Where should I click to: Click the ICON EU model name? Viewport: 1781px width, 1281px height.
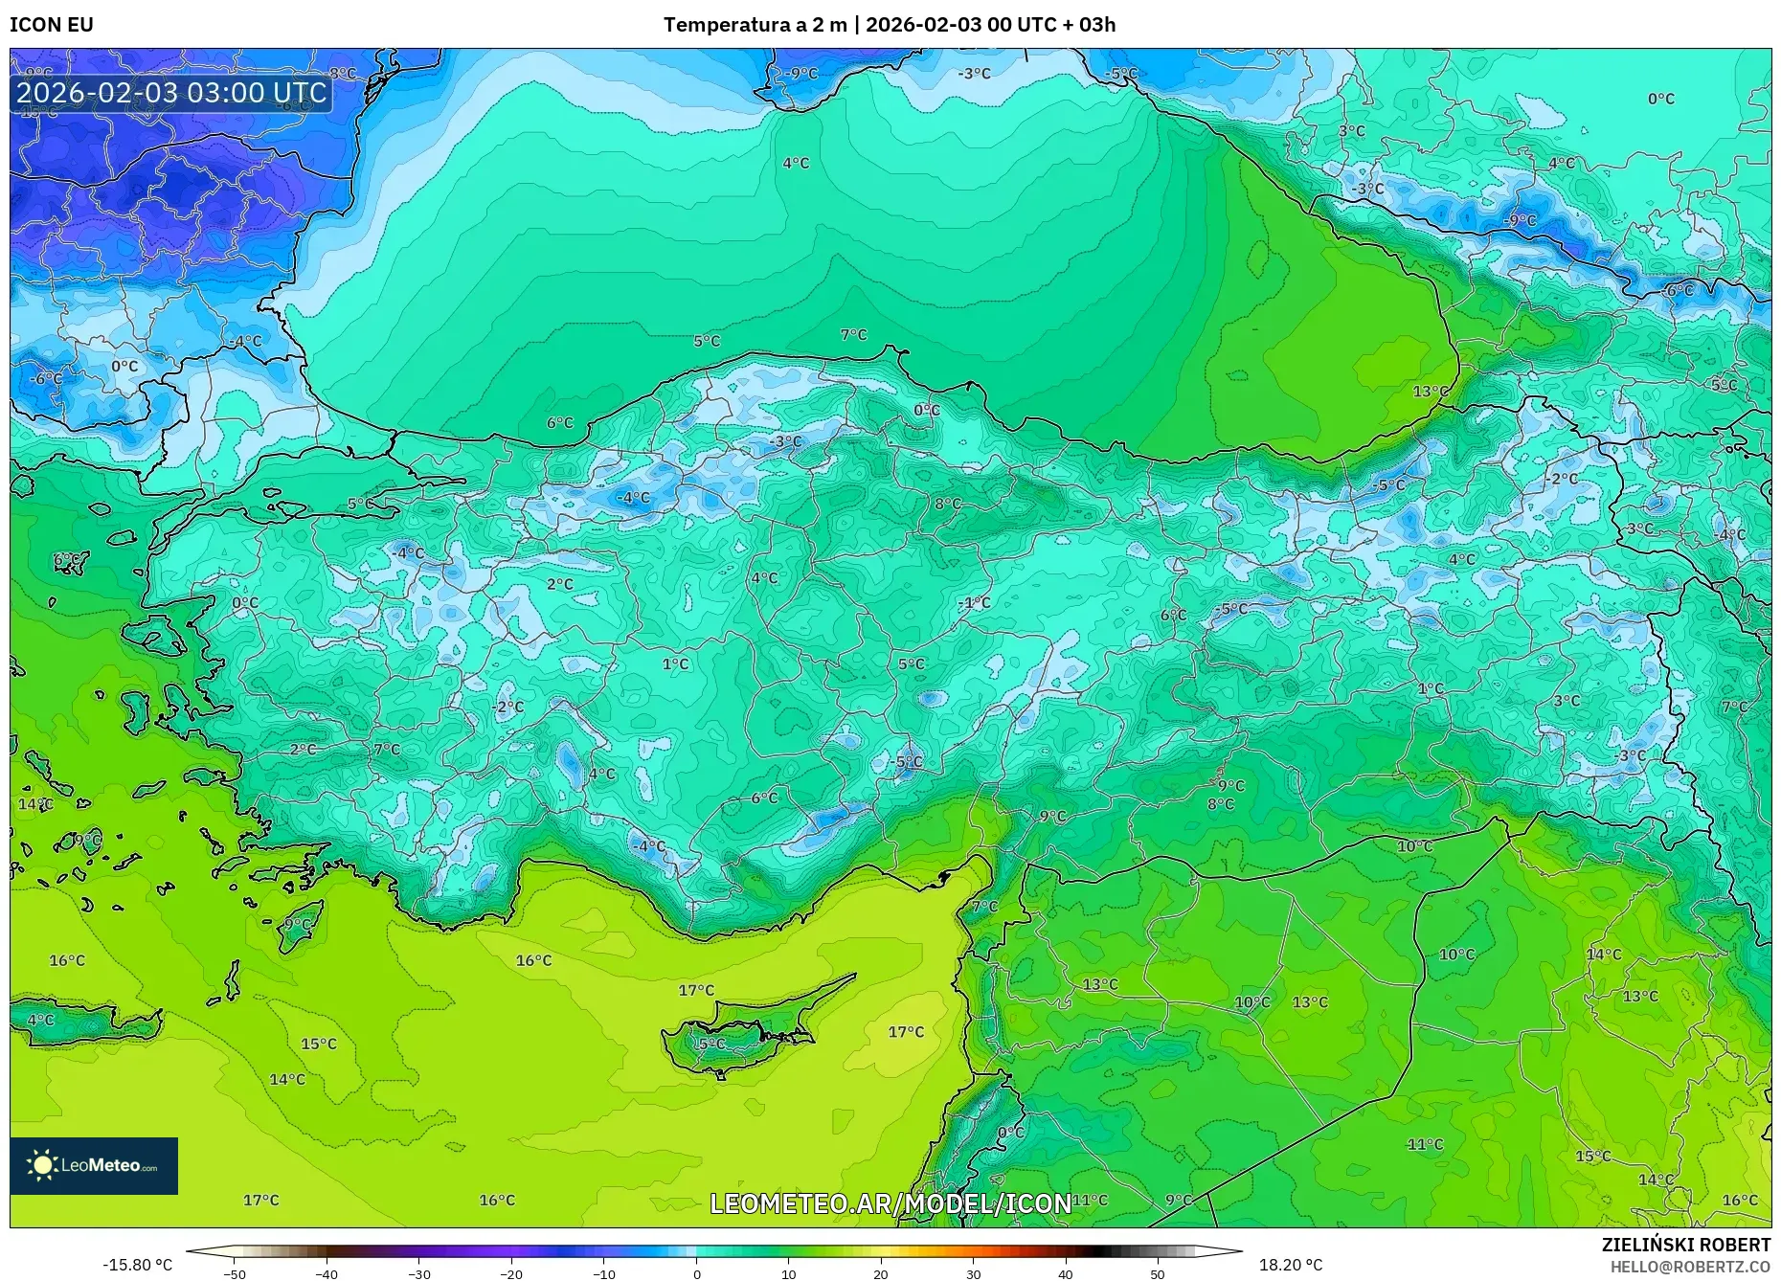52,24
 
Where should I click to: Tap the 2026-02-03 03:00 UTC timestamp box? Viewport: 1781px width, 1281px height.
172,93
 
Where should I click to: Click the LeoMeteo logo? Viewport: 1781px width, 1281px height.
94,1165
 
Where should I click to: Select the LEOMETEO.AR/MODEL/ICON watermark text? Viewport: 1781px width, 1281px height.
890,1203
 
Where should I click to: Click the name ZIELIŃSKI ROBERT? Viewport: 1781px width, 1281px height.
1685,1245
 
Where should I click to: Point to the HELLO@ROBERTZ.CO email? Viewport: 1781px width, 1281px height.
1690,1267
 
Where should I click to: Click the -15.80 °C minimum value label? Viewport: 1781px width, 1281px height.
138,1265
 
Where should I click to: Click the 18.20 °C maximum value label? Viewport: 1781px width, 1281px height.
1291,1265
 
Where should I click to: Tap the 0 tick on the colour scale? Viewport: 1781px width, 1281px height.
696,1273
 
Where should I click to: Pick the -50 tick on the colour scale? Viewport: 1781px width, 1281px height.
235,1273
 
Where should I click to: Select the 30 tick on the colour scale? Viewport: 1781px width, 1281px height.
973,1273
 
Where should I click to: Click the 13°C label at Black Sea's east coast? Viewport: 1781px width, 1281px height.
1431,392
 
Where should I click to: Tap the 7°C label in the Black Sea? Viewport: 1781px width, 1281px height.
853,335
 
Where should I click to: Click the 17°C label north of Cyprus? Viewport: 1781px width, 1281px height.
696,990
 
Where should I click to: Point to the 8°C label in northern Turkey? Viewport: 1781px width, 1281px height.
948,504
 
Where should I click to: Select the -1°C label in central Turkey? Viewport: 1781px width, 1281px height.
975,602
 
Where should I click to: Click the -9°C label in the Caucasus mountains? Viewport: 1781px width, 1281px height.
1519,220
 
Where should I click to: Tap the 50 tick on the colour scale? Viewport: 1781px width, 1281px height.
1158,1273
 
